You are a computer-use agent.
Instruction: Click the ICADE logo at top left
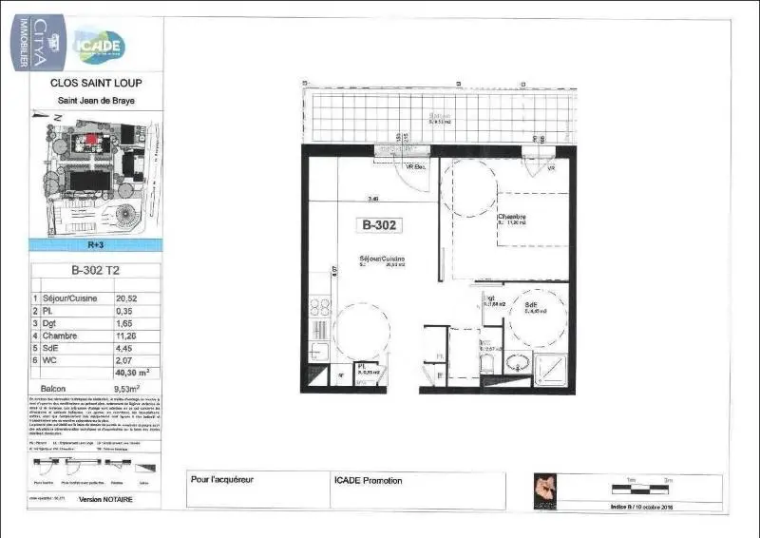coord(99,44)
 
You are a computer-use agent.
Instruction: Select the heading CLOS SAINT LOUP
coord(96,83)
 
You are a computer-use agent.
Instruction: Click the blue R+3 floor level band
coord(96,244)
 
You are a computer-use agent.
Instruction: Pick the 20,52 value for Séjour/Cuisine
coord(125,298)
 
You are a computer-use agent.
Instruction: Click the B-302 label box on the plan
coord(379,226)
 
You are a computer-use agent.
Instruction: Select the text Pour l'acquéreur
coord(222,480)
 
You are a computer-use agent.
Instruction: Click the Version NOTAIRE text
coord(105,499)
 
